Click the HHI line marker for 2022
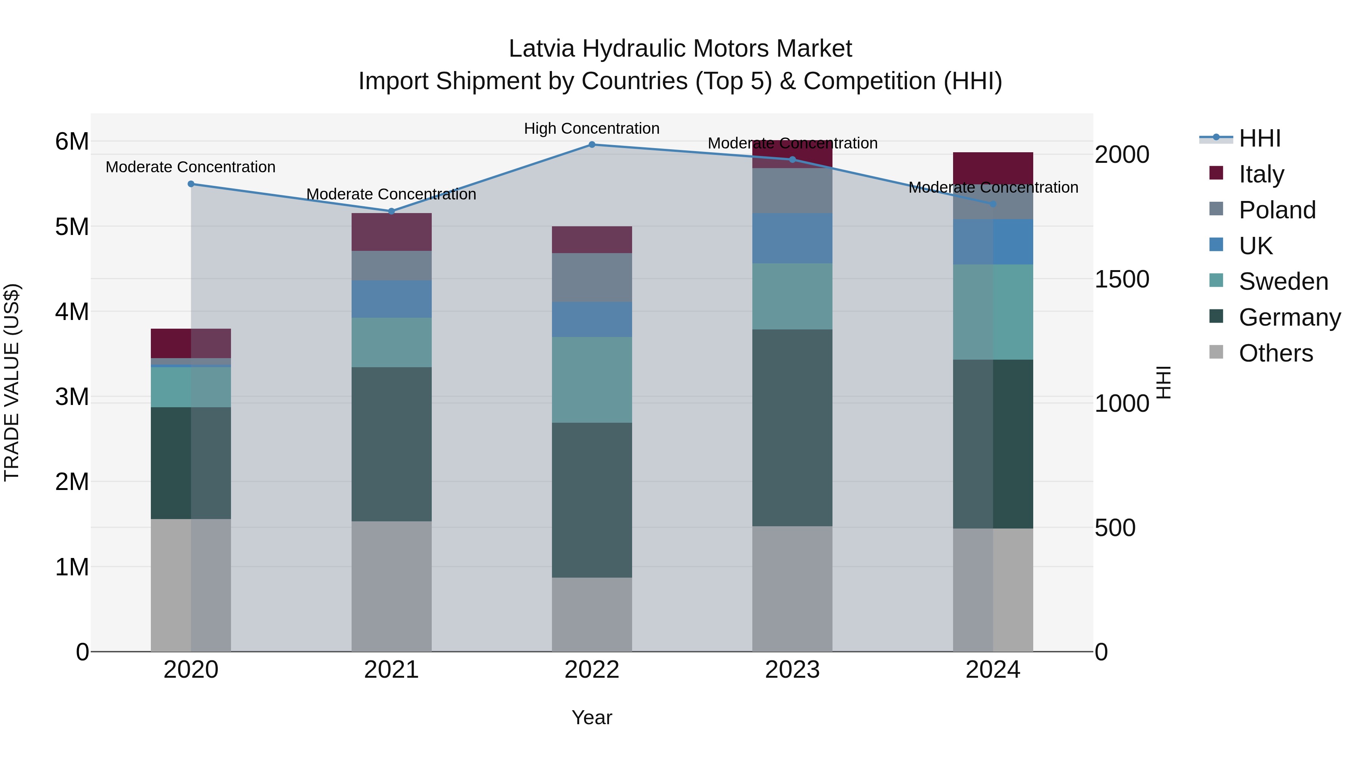pos(592,145)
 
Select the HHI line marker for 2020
pos(191,184)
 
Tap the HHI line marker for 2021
pos(392,211)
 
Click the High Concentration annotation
pos(592,128)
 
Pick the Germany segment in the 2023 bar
pos(792,428)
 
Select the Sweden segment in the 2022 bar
pos(592,380)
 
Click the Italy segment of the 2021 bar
pos(392,232)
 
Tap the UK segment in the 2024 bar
pos(993,242)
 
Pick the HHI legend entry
pos(1260,138)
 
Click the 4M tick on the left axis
pos(72,312)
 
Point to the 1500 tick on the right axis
pos(1121,279)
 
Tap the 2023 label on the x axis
pos(792,670)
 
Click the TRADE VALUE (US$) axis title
pos(12,382)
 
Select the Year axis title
pos(592,717)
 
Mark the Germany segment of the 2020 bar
pos(191,463)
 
